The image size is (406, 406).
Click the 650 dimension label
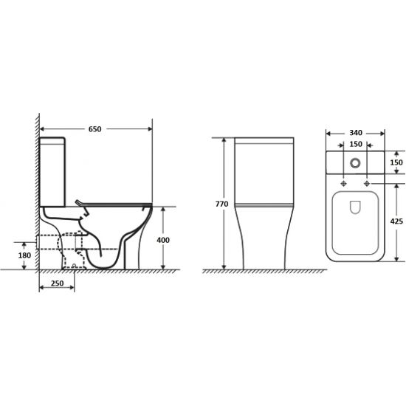coord(95,129)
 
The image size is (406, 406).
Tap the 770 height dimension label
coord(222,204)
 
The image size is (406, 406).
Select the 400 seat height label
coord(163,240)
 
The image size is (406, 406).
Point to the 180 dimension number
coord(24,255)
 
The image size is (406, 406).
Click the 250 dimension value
coord(58,283)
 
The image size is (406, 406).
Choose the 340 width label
coord(356,133)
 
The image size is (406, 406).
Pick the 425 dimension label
coord(396,221)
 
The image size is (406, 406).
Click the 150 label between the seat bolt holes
coord(356,144)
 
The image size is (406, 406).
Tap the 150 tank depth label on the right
coord(396,162)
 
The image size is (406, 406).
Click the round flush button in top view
coord(355,162)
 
